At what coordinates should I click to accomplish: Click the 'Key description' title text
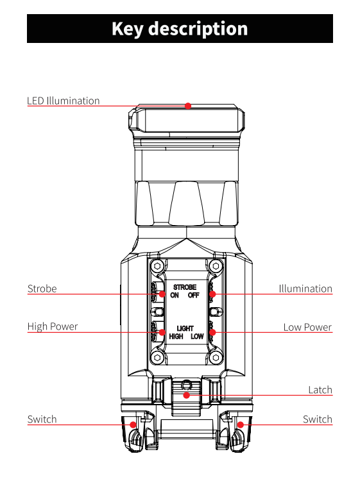(180, 29)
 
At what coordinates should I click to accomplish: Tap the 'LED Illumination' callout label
(64, 101)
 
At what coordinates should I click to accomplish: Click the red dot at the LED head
(188, 106)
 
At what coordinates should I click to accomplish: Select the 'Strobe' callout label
(42, 289)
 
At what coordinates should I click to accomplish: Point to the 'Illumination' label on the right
(305, 289)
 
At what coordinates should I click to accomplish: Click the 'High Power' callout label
(53, 326)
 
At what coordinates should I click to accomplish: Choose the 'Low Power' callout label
(307, 327)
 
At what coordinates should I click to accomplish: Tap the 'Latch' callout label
(320, 390)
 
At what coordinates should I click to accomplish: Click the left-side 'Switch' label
(42, 419)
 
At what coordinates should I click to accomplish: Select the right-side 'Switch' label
(318, 419)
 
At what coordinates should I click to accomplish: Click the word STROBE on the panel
(185, 287)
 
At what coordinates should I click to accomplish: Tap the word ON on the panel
(175, 295)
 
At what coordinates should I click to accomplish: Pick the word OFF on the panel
(193, 295)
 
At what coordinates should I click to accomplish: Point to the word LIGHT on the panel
(185, 328)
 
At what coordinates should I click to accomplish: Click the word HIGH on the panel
(176, 337)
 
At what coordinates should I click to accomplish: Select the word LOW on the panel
(197, 337)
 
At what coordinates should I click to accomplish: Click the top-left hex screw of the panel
(157, 266)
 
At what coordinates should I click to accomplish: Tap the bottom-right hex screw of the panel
(216, 357)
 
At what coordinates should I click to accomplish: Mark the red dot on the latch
(187, 395)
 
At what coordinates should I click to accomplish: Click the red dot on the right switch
(241, 424)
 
